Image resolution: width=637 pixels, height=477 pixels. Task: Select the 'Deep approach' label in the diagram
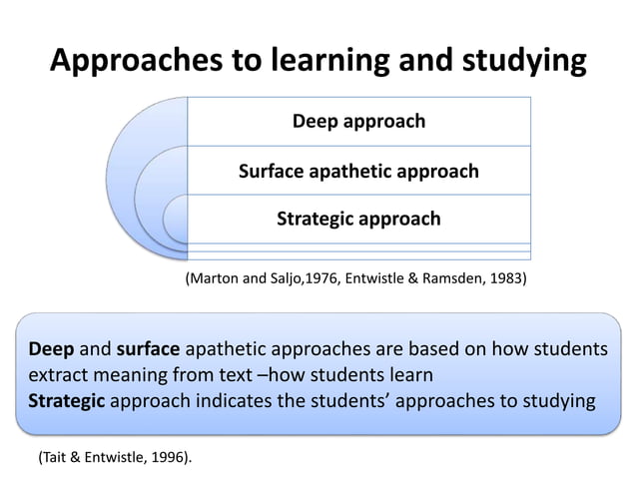tap(358, 122)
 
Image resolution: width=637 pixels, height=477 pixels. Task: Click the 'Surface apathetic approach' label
tap(358, 172)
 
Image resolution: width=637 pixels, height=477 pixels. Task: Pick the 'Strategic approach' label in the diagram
tap(358, 219)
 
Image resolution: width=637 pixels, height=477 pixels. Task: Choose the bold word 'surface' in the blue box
tap(148, 350)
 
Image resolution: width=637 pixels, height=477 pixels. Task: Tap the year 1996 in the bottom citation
tap(166, 457)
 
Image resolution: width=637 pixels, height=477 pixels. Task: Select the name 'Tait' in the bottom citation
tap(58, 457)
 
